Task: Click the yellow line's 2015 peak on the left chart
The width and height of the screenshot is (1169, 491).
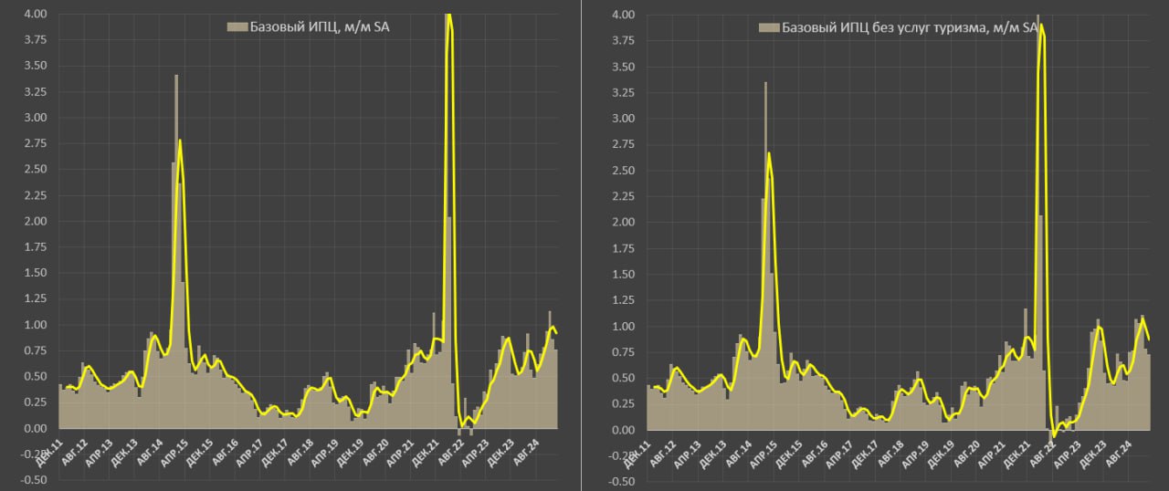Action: tap(180, 140)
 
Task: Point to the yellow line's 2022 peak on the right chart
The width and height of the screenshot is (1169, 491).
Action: tap(1042, 25)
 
